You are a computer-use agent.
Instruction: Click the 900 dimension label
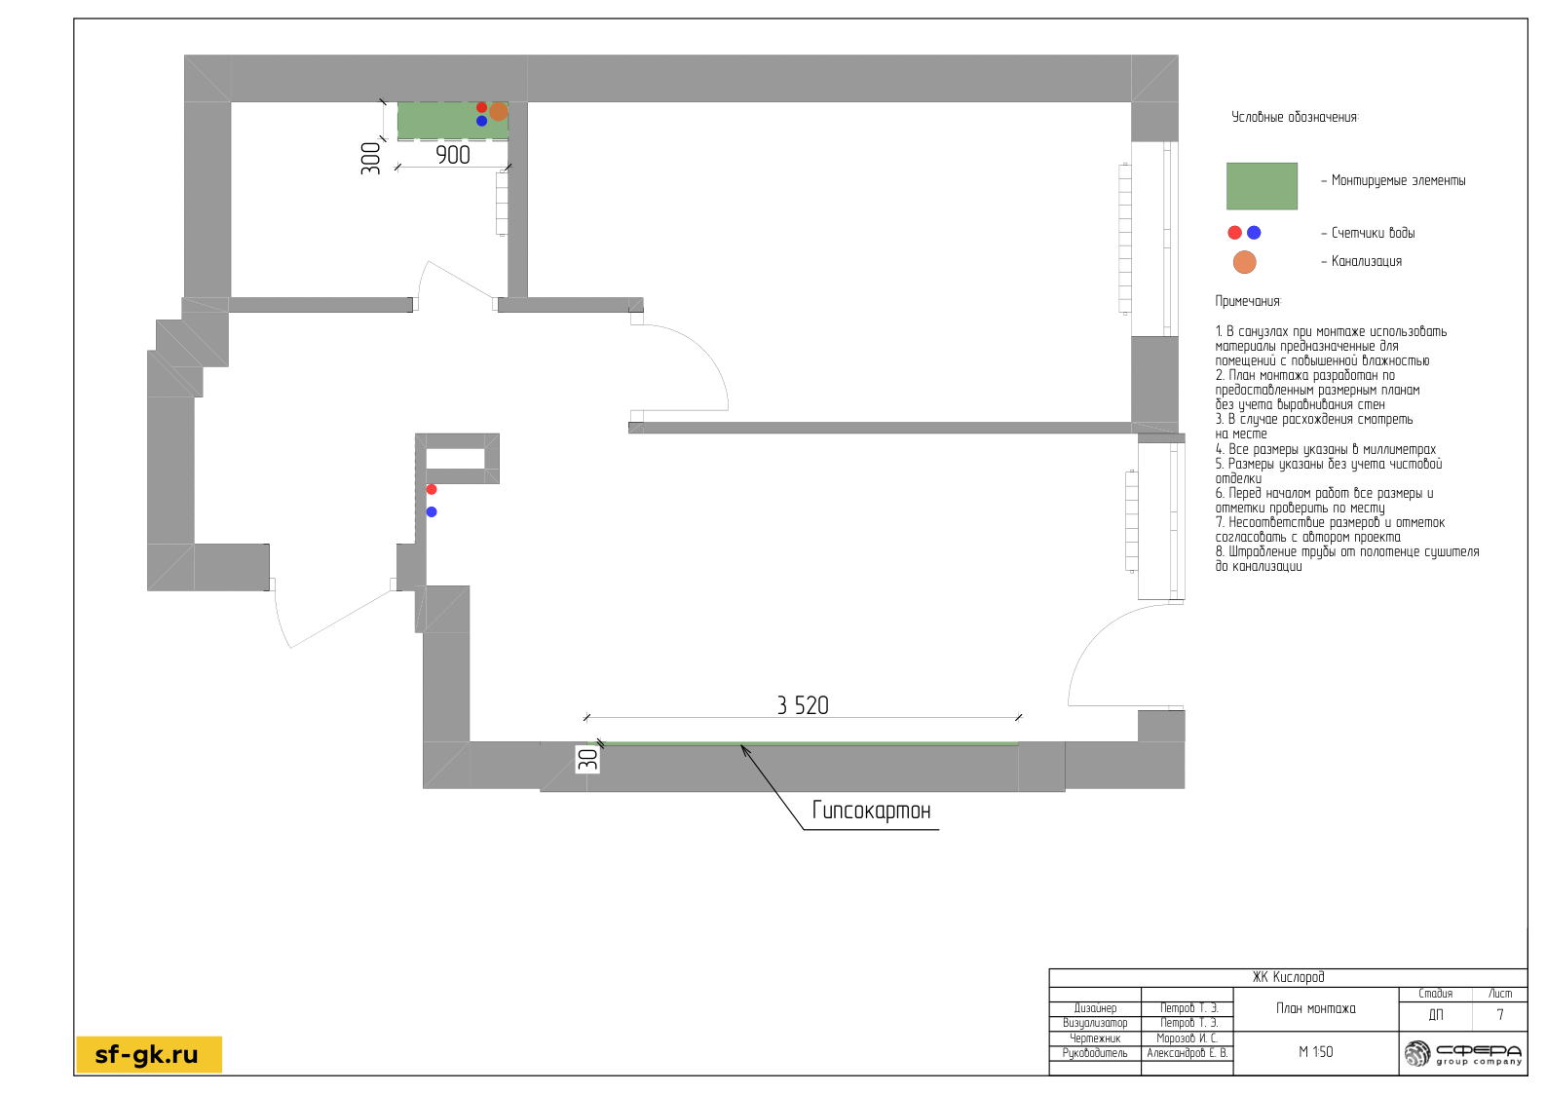(x=453, y=155)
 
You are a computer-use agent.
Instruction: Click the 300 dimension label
(x=370, y=158)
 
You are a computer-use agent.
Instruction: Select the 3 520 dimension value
(x=802, y=705)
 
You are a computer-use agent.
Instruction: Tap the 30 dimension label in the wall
(x=587, y=760)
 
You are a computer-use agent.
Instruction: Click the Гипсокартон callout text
(x=871, y=811)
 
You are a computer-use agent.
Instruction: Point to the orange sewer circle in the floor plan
(x=499, y=111)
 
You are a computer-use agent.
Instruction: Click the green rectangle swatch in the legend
(x=1262, y=186)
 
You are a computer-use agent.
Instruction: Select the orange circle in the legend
(x=1244, y=262)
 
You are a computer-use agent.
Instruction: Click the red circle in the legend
(x=1234, y=233)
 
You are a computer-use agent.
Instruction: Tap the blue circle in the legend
(x=1254, y=233)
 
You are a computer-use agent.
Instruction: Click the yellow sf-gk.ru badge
(x=149, y=1054)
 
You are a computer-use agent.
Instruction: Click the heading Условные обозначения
(x=1295, y=117)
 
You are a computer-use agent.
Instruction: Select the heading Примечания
(x=1248, y=302)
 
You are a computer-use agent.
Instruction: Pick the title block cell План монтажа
(x=1315, y=1008)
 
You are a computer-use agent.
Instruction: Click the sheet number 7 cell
(x=1500, y=1015)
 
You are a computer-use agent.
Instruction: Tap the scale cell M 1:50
(x=1315, y=1052)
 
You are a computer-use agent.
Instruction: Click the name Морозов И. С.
(x=1188, y=1038)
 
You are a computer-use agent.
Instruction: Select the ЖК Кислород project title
(x=1288, y=977)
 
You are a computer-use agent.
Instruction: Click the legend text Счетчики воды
(x=1373, y=233)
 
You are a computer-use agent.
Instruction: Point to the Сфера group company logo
(x=1462, y=1054)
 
